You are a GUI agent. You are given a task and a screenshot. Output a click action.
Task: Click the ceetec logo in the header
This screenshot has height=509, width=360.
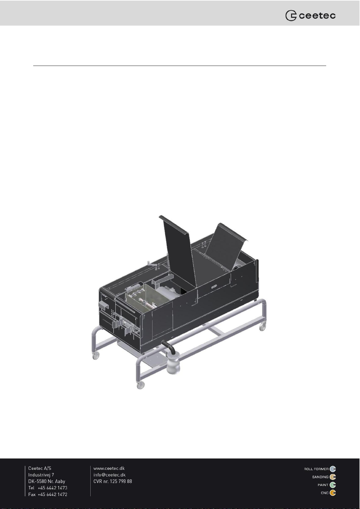pos(310,15)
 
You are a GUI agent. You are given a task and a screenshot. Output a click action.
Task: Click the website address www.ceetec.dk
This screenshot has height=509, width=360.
pos(109,468)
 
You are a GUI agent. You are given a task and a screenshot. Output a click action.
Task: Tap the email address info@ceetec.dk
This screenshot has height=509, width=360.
pos(109,475)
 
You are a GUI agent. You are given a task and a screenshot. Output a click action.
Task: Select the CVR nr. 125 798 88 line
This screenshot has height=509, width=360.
pos(113,481)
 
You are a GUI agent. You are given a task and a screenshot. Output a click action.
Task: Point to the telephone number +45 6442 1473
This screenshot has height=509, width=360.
pos(53,488)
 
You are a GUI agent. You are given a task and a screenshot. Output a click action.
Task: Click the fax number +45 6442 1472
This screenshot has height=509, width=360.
pos(53,494)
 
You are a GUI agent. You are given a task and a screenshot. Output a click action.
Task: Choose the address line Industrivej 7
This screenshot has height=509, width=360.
pos(41,475)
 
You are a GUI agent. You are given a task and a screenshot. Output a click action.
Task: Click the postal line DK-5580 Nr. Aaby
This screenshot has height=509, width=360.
pos(47,481)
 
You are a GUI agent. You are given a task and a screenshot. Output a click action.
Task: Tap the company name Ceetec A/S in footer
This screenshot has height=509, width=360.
pos(40,468)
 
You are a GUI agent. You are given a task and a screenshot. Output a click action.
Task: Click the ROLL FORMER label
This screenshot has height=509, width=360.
pos(316,469)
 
